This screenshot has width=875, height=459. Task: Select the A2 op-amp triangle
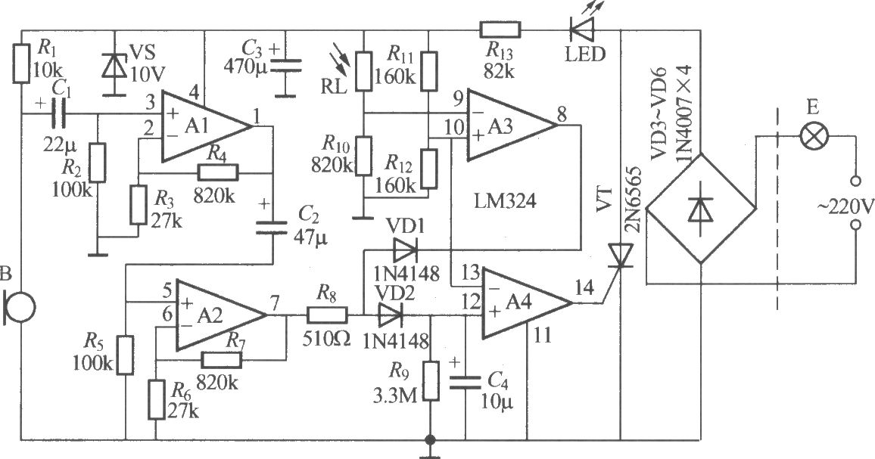221,315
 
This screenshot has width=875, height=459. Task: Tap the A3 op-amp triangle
512,126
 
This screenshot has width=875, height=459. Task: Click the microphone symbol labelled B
20,307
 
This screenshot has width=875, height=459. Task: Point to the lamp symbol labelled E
813,135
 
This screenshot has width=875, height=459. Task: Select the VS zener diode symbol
114,65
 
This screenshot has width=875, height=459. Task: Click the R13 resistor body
500,29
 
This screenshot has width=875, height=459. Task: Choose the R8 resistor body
327,315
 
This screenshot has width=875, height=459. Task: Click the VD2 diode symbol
390,315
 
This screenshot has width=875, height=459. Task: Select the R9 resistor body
430,381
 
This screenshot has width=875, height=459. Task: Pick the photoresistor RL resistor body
364,71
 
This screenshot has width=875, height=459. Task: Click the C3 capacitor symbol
285,66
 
